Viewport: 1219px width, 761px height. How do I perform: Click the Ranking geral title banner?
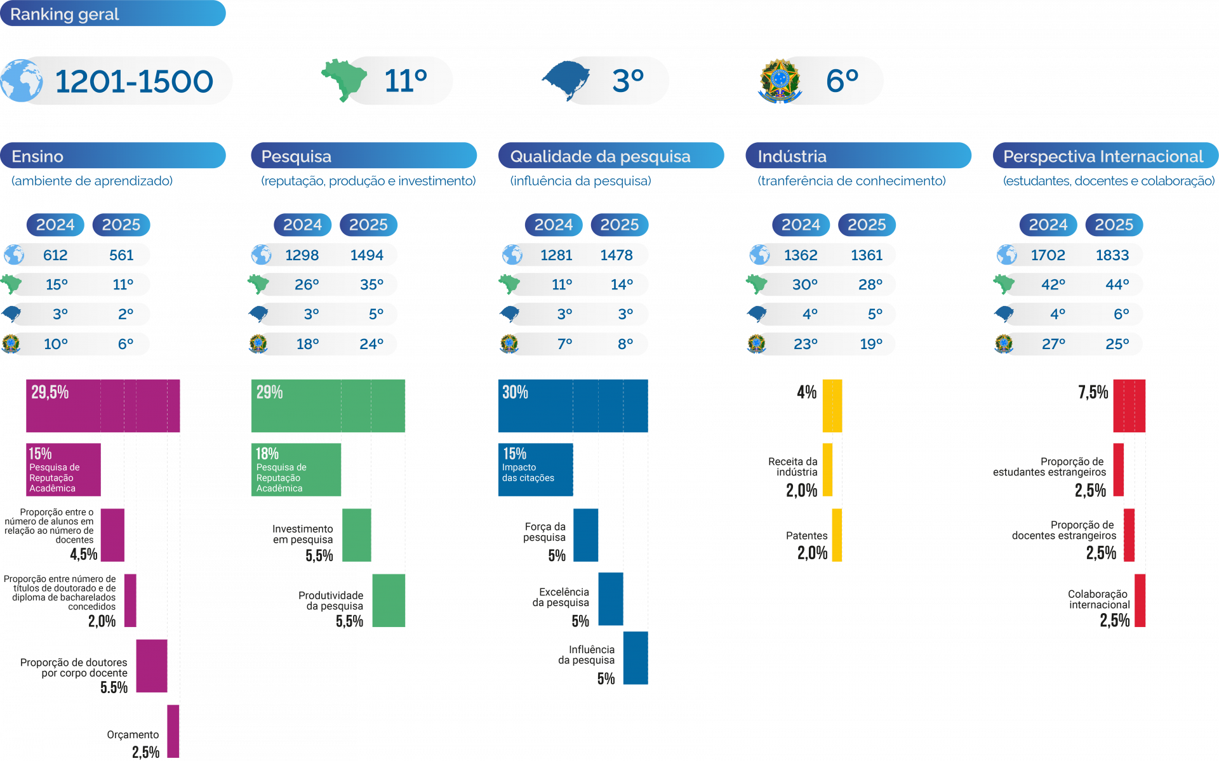pyautogui.click(x=112, y=14)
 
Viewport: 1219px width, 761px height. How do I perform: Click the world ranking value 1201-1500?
pyautogui.click(x=134, y=82)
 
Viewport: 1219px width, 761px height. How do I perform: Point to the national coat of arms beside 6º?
pyautogui.click(x=779, y=81)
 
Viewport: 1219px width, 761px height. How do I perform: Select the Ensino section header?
pyautogui.click(x=112, y=156)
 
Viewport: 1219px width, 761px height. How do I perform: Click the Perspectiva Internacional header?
pyautogui.click(x=1105, y=156)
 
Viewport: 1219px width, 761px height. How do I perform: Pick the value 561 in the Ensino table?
pyautogui.click(x=121, y=255)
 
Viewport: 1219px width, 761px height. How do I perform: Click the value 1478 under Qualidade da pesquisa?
pyautogui.click(x=616, y=255)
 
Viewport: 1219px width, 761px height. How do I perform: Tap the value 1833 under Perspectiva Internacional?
pyautogui.click(x=1112, y=255)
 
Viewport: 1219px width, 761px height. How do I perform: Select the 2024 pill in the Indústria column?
pyautogui.click(x=801, y=225)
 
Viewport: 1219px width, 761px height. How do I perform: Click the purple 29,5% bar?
pyautogui.click(x=103, y=406)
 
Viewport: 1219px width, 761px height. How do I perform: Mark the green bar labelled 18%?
pyautogui.click(x=296, y=470)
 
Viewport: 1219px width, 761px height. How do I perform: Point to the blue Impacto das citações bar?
pyautogui.click(x=535, y=470)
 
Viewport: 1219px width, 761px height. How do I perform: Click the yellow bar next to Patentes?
pyautogui.click(x=837, y=535)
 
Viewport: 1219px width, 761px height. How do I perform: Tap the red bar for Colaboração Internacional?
pyautogui.click(x=1140, y=600)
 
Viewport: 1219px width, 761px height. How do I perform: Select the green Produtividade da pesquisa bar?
pyautogui.click(x=389, y=600)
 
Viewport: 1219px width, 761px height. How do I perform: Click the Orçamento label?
pyautogui.click(x=133, y=735)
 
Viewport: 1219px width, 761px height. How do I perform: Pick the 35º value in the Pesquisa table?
pyautogui.click(x=371, y=284)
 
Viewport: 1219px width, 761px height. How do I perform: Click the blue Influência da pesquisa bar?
pyautogui.click(x=636, y=658)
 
